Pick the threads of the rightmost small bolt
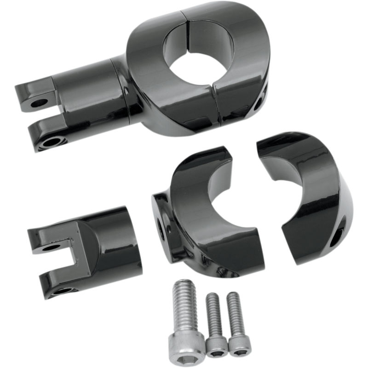click(x=234, y=310)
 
